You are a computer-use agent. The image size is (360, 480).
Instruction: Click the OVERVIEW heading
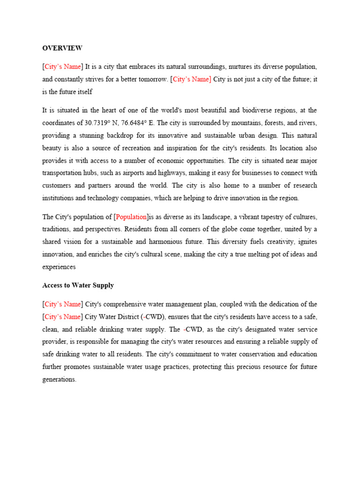point(62,48)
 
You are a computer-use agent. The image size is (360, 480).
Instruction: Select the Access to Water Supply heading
point(78,285)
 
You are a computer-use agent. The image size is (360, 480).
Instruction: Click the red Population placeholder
point(132,217)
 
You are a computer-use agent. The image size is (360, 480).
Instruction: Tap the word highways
point(187,172)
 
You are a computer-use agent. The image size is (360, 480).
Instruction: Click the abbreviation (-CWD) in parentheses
point(153,317)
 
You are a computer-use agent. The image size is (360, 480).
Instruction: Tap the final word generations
point(59,379)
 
